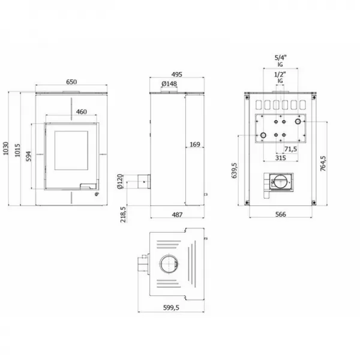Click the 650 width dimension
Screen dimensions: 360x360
71,82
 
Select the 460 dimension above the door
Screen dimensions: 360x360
82,111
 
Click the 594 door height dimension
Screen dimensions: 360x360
29,158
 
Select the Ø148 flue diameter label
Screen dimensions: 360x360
169,84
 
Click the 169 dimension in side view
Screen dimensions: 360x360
194,145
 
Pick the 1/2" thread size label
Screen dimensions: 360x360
280,74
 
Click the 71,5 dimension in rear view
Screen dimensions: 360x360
290,149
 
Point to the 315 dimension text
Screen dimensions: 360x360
280,158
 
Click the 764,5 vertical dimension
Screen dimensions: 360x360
323,163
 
